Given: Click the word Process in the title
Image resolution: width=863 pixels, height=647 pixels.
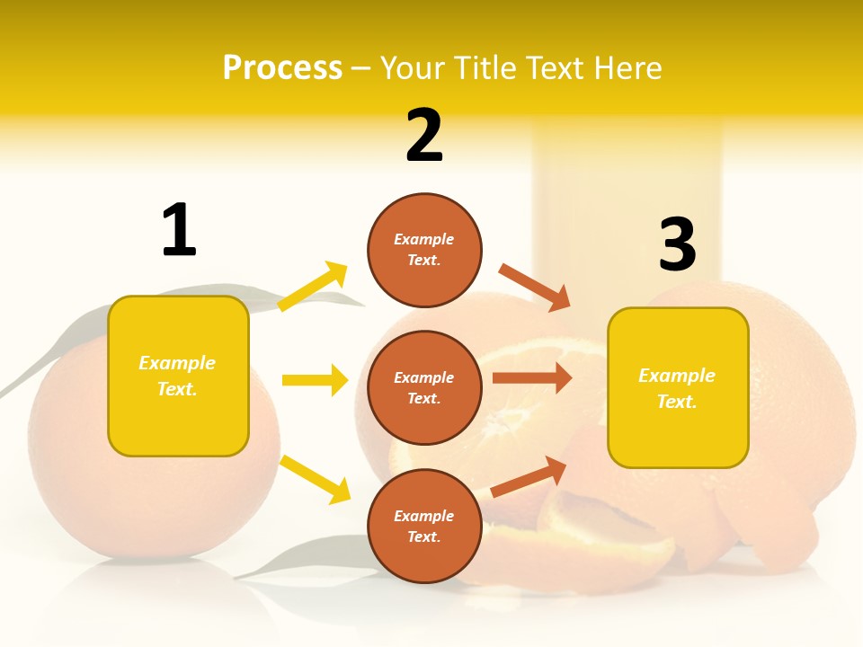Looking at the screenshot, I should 282,68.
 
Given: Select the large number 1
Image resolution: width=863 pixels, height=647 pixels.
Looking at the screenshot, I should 179,230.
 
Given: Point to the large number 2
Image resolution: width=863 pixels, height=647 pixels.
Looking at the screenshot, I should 424,136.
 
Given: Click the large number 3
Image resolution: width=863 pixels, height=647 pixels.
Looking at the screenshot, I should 677,244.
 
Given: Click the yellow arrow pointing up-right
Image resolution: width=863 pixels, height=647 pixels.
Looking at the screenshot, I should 313,286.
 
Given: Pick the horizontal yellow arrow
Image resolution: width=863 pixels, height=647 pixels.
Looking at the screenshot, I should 315,380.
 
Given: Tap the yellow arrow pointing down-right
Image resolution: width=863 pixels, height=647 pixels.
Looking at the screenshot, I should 315,479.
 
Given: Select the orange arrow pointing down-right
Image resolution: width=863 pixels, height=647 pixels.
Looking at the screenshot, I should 535,287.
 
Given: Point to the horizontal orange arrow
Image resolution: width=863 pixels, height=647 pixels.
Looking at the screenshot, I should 532,378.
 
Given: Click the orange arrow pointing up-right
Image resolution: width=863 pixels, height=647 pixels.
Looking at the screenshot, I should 529,477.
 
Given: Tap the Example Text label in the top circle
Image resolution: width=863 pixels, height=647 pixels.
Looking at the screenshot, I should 424,250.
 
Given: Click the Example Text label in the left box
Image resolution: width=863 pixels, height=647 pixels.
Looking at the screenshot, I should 177,376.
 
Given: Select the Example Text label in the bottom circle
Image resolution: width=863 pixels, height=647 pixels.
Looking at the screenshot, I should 424,526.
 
